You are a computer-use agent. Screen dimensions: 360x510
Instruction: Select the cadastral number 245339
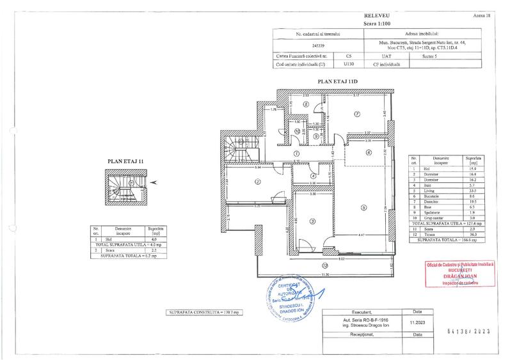coord(317,46)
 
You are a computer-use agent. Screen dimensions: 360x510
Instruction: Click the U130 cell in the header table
coord(348,64)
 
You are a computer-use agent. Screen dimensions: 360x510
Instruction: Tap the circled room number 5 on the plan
coord(363,207)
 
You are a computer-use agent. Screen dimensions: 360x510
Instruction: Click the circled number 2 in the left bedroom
coord(257,182)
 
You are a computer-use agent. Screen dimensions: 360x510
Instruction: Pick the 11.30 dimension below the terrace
coord(326,274)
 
